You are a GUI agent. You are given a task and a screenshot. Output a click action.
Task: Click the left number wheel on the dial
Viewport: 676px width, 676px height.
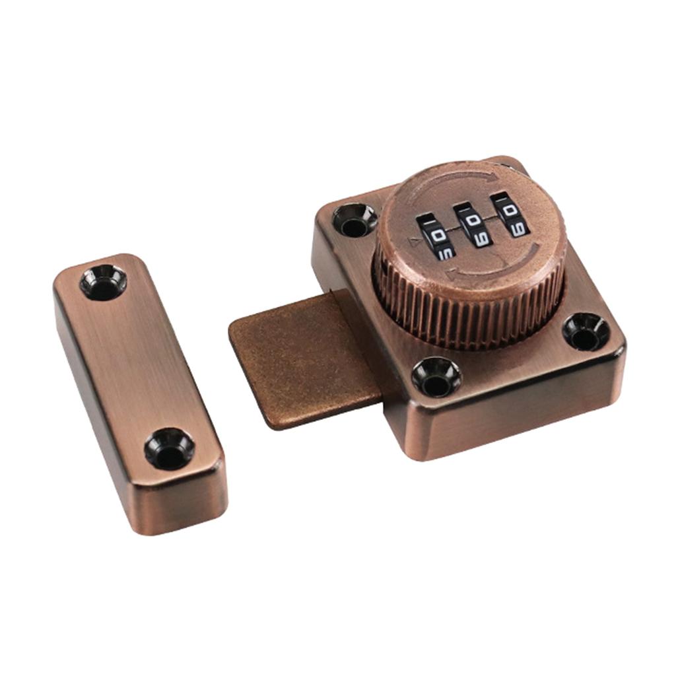(435, 239)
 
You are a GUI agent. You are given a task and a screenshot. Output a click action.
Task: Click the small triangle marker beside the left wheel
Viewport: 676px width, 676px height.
(415, 242)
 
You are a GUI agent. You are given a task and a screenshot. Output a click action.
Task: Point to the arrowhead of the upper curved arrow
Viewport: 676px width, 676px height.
(489, 177)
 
